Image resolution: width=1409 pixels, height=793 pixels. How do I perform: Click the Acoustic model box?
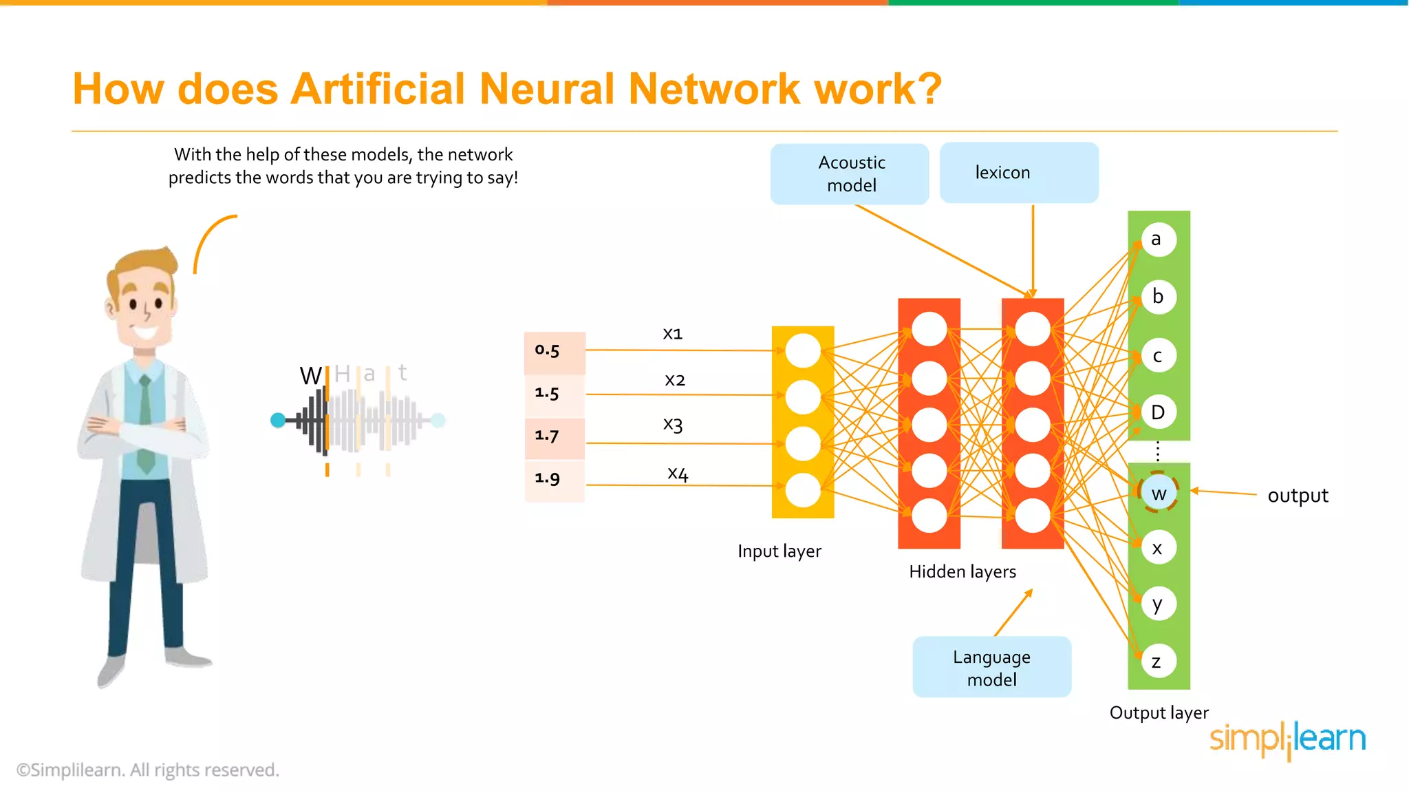(850, 173)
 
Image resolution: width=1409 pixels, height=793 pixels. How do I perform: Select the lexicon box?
(1018, 172)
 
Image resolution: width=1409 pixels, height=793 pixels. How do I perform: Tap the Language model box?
(991, 667)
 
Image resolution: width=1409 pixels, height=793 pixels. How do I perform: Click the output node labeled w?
(1159, 493)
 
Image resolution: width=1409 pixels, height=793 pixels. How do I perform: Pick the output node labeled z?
(1158, 661)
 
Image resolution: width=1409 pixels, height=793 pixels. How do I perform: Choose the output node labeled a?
(1158, 239)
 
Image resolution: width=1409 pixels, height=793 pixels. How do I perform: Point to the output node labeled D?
(1158, 412)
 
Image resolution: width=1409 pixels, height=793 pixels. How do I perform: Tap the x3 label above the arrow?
(673, 424)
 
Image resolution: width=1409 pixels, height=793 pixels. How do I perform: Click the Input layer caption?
(779, 551)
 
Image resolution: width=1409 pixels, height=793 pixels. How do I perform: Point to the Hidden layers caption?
(962, 571)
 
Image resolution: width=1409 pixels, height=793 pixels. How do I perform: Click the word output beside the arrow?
(1298, 496)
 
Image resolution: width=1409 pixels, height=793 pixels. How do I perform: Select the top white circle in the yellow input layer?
(803, 350)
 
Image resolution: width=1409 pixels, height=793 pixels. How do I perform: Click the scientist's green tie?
(145, 427)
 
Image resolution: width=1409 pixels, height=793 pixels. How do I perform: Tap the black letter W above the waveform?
(310, 376)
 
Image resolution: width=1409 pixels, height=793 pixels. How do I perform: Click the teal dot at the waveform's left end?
(278, 420)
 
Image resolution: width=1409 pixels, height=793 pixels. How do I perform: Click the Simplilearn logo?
(1287, 739)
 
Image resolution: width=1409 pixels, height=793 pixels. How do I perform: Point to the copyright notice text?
(148, 770)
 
